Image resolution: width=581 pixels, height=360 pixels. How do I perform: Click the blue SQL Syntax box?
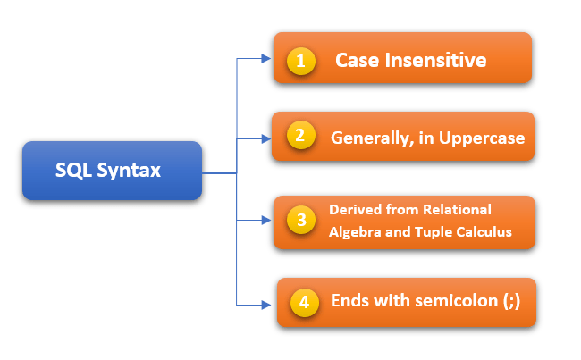tap(112, 170)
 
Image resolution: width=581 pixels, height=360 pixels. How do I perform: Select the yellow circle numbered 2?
tap(300, 138)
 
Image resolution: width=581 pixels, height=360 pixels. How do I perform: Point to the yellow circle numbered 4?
tap(304, 302)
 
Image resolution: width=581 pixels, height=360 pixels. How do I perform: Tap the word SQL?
tap(73, 170)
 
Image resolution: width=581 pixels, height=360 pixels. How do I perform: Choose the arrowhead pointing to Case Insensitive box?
tap(265, 59)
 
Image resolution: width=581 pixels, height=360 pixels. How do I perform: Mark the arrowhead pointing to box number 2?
tap(265, 138)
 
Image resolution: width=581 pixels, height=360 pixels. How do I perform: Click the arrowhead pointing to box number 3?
tap(265, 220)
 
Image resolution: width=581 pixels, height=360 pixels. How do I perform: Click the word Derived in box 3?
tap(354, 210)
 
